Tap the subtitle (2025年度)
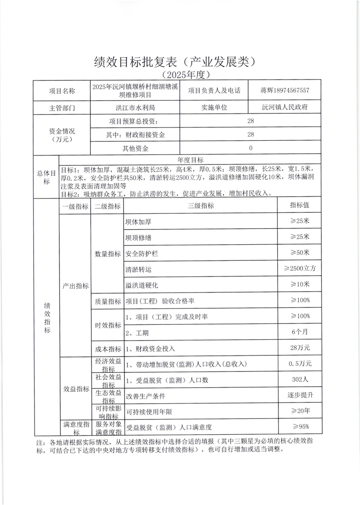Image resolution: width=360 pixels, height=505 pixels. point(180,74)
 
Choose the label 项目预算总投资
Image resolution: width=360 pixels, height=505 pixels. point(133,121)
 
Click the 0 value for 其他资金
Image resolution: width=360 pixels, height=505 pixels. point(250,148)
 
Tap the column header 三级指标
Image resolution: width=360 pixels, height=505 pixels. point(201,206)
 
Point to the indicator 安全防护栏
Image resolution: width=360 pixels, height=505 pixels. point(142,254)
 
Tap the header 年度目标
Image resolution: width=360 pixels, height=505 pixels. point(191,160)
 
